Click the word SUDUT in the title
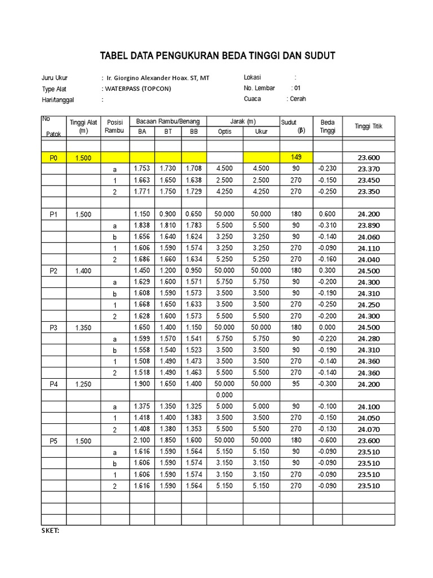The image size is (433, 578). click(319, 55)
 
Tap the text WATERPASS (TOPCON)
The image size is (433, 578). click(136, 89)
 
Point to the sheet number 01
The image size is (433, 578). click(297, 88)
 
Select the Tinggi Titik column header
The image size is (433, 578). click(368, 126)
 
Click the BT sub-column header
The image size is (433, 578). click(168, 132)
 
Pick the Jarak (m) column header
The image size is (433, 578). click(243, 121)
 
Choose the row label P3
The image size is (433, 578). click(54, 327)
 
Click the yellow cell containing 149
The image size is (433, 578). click(297, 157)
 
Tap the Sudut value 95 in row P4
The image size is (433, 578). click(297, 384)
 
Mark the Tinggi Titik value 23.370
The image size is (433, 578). click(368, 169)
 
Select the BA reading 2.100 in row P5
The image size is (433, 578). click(142, 440)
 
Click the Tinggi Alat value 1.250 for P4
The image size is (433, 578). click(83, 384)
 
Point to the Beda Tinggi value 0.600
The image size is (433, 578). click(327, 214)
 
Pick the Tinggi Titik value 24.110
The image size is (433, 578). click(368, 248)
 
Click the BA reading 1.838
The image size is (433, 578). click(142, 225)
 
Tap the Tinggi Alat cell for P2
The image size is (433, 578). click(83, 271)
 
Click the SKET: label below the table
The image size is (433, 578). click(51, 531)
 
